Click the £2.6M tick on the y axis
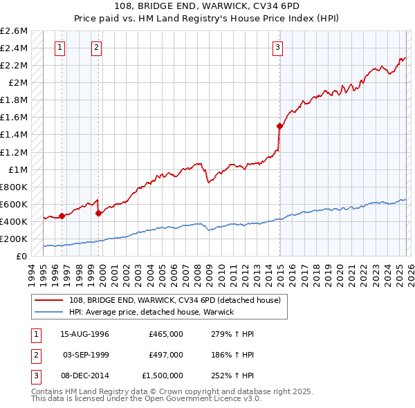click(x=14, y=31)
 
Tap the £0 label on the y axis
click(x=22, y=257)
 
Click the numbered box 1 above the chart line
click(x=60, y=48)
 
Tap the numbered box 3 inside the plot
click(x=277, y=48)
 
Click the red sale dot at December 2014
click(x=279, y=126)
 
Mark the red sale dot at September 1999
click(x=98, y=213)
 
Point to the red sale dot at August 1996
click(x=62, y=216)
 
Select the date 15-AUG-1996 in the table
click(x=85, y=334)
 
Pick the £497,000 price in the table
click(x=166, y=355)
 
